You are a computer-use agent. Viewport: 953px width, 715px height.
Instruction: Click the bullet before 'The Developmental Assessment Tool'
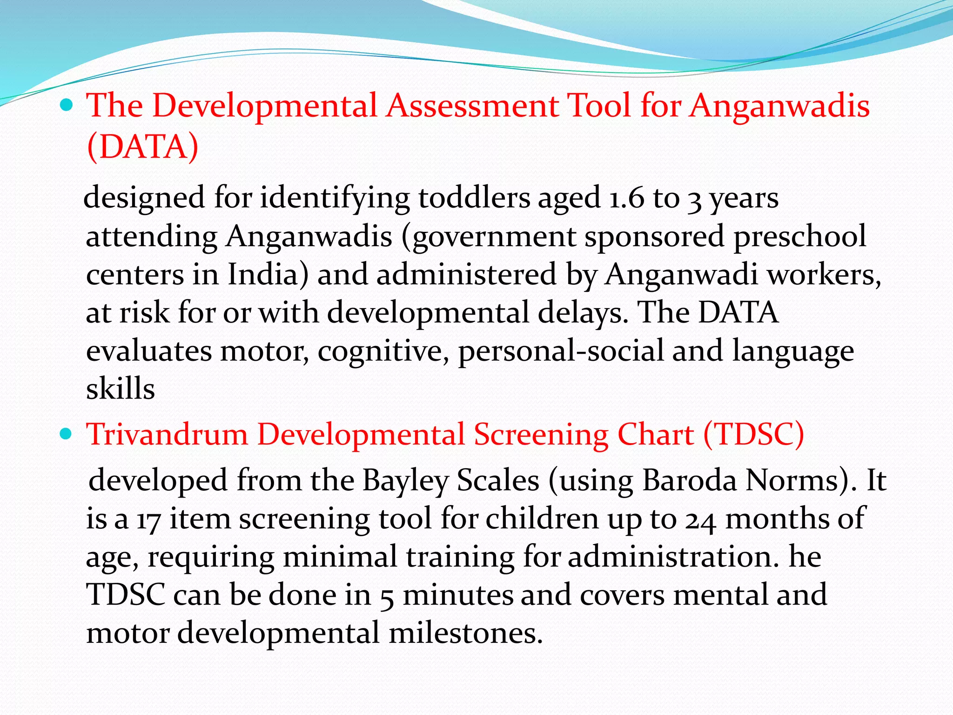coord(67,106)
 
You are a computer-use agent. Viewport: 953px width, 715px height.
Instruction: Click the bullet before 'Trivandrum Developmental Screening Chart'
coord(67,435)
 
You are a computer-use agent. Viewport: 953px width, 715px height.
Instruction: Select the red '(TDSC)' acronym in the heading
coord(754,435)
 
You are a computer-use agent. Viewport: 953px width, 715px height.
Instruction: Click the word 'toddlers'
coord(474,197)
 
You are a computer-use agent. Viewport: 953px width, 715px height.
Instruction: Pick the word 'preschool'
coord(800,236)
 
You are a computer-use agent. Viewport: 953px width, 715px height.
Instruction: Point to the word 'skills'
coord(120,389)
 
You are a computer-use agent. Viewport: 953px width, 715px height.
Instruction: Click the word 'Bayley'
coord(404,480)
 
